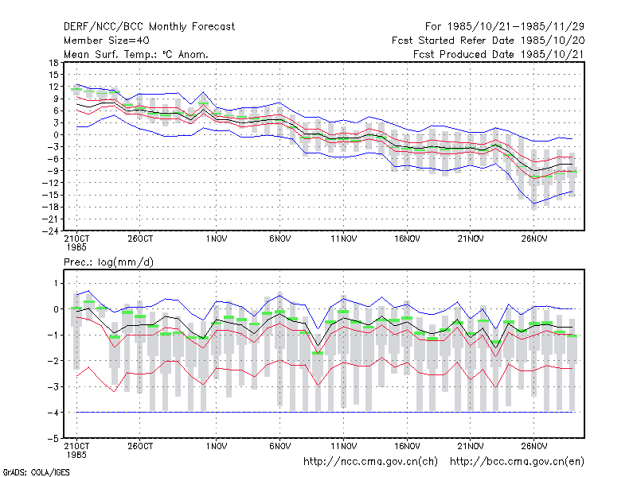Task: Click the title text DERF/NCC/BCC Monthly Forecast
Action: pos(149,27)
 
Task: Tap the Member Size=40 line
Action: pos(107,41)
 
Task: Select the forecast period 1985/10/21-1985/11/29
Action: pos(505,27)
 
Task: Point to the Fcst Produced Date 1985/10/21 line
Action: pos(499,54)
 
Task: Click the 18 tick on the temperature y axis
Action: pos(53,63)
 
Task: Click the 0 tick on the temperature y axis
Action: pos(56,134)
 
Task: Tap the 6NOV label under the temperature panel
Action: pos(280,239)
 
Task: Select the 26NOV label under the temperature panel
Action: pos(534,239)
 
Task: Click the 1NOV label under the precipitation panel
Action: pos(216,446)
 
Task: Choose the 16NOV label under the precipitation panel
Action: pos(407,446)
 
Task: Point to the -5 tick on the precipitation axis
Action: pos(53,439)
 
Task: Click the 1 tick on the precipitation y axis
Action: pos(56,283)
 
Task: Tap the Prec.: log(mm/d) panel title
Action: pos(108,262)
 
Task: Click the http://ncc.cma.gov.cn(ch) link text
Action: pos(370,462)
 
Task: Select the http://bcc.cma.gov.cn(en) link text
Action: pos(517,462)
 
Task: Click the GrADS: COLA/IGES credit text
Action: pos(37,472)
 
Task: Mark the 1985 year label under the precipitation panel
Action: pos(76,455)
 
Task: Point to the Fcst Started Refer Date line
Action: pos(488,41)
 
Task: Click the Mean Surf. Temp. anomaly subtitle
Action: pos(136,54)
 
